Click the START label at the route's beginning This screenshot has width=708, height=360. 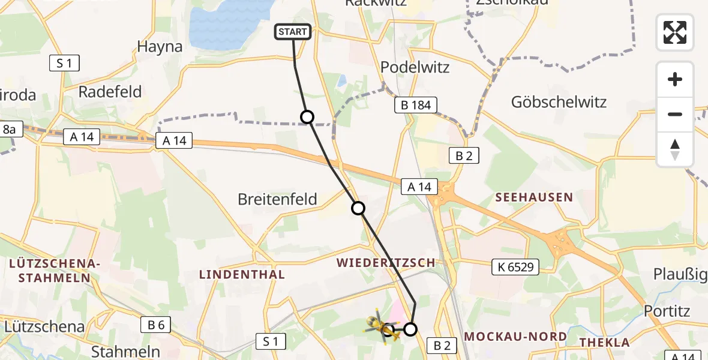tap(293, 32)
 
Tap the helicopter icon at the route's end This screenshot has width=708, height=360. tap(380, 325)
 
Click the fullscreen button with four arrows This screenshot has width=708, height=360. tap(675, 32)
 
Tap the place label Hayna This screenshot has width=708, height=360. tap(160, 47)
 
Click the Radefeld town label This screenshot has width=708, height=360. tap(110, 92)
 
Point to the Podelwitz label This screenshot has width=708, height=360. tap(415, 67)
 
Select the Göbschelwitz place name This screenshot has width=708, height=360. tap(559, 102)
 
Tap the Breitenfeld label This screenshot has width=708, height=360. tap(277, 199)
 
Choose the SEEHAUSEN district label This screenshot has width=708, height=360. tap(533, 197)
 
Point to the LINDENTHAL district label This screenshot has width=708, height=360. tap(242, 274)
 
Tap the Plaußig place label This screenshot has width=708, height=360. tap(681, 275)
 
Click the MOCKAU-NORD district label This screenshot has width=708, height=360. tap(515, 336)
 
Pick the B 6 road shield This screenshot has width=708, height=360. tap(155, 325)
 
